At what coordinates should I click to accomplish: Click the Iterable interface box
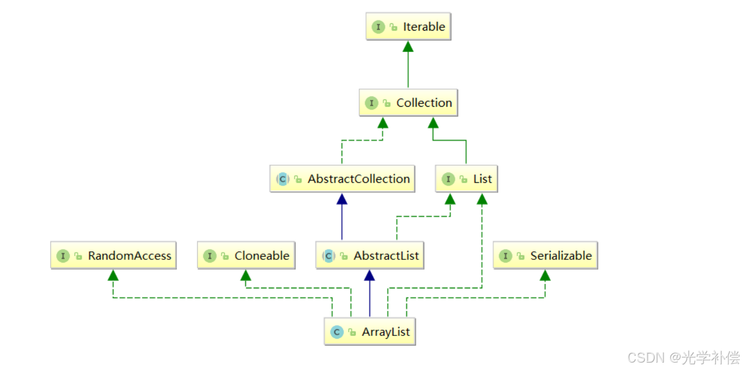coord(408,27)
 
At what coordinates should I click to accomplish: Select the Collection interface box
coord(408,103)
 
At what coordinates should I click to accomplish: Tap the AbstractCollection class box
coord(342,179)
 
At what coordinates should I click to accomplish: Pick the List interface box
coord(467,179)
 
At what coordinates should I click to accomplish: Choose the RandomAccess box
coord(114,256)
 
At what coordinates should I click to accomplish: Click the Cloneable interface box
coord(246,256)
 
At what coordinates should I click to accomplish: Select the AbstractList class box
coord(370,256)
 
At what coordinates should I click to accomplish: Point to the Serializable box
coord(545,256)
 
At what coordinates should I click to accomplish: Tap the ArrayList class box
coord(370,332)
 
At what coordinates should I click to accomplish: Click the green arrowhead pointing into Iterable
coord(408,47)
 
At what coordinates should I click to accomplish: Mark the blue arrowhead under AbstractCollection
coord(342,199)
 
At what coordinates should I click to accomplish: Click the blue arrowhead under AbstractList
coord(370,275)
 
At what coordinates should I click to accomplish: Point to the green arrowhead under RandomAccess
coord(113,275)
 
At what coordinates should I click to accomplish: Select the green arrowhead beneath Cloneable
coord(245,275)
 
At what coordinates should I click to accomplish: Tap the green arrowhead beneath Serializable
coord(545,275)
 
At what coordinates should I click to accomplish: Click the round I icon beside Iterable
coord(378,27)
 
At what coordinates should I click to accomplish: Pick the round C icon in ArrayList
coord(337,332)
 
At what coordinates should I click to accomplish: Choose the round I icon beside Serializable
coord(505,256)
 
